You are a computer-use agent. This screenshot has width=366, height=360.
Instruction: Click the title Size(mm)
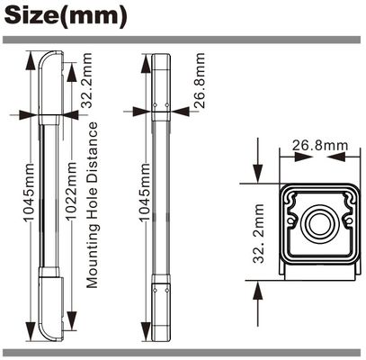tap(66, 16)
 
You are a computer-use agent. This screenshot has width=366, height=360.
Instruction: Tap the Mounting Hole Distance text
tap(93, 205)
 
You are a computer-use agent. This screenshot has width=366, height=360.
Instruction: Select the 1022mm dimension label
tap(72, 191)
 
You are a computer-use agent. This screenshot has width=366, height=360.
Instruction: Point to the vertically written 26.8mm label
tap(199, 81)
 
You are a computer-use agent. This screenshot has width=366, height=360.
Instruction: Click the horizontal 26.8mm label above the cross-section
tap(320, 145)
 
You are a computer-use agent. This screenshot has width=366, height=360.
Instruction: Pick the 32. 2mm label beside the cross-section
tap(258, 234)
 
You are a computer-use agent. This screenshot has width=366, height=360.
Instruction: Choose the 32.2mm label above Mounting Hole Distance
tap(86, 80)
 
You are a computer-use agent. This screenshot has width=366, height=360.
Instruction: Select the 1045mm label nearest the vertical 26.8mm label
tap(145, 193)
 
